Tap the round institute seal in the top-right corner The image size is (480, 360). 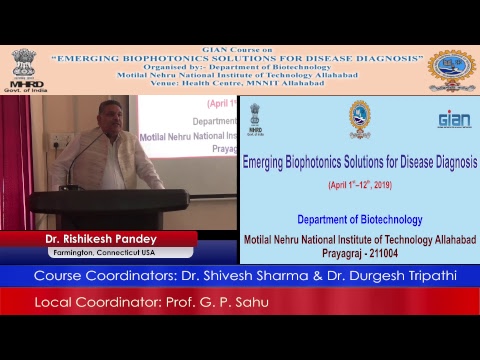tap(451, 69)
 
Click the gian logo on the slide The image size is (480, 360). tap(454, 120)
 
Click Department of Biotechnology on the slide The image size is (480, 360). tap(359, 219)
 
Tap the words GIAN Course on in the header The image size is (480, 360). tap(237, 49)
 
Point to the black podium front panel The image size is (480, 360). tap(110, 210)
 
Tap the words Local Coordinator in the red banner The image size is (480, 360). tap(89, 302)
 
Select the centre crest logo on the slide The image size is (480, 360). tap(359, 118)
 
